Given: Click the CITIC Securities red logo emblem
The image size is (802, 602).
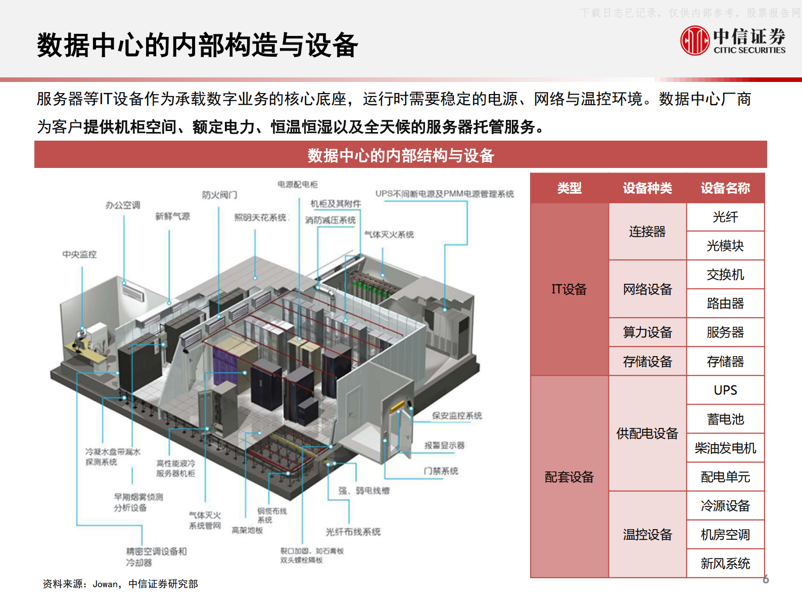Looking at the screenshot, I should pyautogui.click(x=695, y=40).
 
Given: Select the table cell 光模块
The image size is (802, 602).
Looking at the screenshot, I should pyautogui.click(x=725, y=246).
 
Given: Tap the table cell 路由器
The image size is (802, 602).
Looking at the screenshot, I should pyautogui.click(x=725, y=304).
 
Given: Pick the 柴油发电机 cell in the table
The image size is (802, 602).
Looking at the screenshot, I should pyautogui.click(x=725, y=448).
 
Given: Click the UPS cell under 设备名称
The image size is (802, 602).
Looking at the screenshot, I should pyautogui.click(x=725, y=390).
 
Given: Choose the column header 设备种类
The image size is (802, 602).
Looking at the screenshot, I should pyautogui.click(x=647, y=188).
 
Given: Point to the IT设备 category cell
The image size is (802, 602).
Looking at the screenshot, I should pyautogui.click(x=569, y=289).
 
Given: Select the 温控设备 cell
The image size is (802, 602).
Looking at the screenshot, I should pyautogui.click(x=647, y=535).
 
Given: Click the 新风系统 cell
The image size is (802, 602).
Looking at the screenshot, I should pyautogui.click(x=725, y=564).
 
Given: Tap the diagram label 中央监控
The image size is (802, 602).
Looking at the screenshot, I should pyautogui.click(x=79, y=254).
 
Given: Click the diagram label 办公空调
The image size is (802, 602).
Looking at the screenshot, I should pyautogui.click(x=123, y=205).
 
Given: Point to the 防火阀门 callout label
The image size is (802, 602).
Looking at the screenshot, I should pyautogui.click(x=219, y=195).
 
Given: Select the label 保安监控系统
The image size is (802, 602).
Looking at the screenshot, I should pyautogui.click(x=457, y=416).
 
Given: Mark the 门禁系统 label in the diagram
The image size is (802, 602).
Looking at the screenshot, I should pyautogui.click(x=441, y=471).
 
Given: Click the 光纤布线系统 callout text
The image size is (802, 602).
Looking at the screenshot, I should pyautogui.click(x=353, y=532).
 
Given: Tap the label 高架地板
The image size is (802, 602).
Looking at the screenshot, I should pyautogui.click(x=247, y=530).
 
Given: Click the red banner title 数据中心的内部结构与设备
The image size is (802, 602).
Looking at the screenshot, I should pyautogui.click(x=401, y=155).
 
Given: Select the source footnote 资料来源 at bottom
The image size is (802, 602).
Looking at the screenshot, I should pyautogui.click(x=120, y=584).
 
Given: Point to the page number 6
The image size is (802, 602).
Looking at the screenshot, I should pyautogui.click(x=766, y=579).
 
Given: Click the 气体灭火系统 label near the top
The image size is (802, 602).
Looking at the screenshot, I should pyautogui.click(x=389, y=235).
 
